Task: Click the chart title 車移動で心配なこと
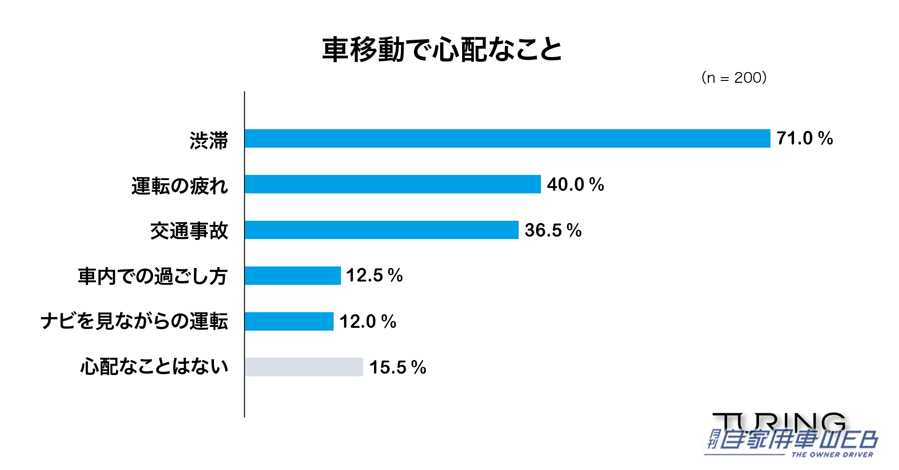442,50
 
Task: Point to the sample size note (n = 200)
734,78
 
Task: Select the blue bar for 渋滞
507,138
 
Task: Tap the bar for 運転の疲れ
392,184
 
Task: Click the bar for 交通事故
381,230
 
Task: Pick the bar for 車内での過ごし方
293,275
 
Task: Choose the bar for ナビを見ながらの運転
289,321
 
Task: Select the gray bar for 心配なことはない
304,367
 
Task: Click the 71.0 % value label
804,138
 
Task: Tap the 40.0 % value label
575,184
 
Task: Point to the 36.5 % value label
553,230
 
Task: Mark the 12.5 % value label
374,275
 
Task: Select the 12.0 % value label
368,321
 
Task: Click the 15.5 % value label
398,367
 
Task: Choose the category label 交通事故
189,231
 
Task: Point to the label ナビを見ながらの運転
134,322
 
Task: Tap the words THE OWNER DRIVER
832,455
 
